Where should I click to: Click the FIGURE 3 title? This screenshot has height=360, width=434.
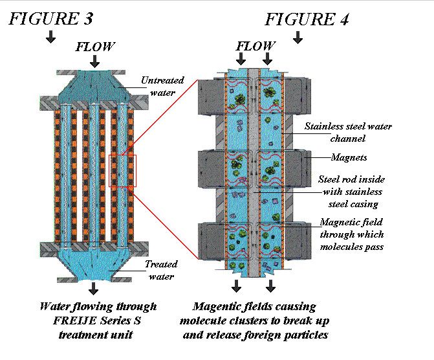(50, 18)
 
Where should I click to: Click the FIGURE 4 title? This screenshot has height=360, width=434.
(307, 19)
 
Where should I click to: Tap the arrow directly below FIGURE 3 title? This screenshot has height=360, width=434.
(50, 38)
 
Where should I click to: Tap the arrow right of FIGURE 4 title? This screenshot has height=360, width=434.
(298, 38)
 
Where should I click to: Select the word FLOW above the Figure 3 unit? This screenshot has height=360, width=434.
(95, 47)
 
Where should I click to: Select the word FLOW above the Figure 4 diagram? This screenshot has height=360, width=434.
(255, 47)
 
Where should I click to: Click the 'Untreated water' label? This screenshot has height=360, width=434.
(162, 87)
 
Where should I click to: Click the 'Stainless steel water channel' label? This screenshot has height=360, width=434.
(339, 132)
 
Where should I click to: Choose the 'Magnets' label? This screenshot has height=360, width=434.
(349, 157)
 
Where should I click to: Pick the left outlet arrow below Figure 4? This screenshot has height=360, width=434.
(237, 286)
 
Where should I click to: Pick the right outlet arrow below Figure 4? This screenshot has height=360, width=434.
(270, 286)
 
